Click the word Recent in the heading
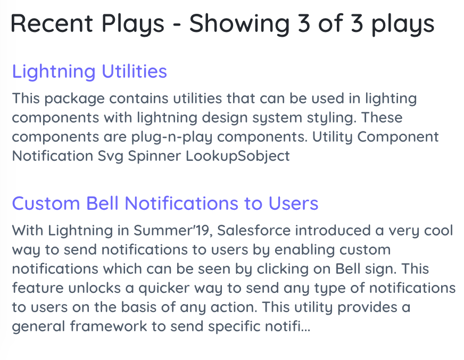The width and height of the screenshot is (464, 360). (52, 23)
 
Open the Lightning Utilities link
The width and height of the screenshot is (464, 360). (89, 72)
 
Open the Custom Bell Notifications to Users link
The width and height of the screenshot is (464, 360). (165, 203)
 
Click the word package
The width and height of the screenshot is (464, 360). (74, 99)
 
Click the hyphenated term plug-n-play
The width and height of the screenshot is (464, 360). (172, 137)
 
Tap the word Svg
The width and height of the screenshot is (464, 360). (110, 157)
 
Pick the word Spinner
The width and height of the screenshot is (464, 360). (154, 157)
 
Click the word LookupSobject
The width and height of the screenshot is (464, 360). (238, 157)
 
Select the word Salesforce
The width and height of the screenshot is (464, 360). (254, 231)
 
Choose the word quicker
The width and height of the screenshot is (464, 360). (164, 289)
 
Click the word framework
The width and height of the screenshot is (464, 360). (109, 326)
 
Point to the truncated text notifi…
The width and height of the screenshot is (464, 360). (288, 326)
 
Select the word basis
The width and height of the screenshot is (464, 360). (138, 307)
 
